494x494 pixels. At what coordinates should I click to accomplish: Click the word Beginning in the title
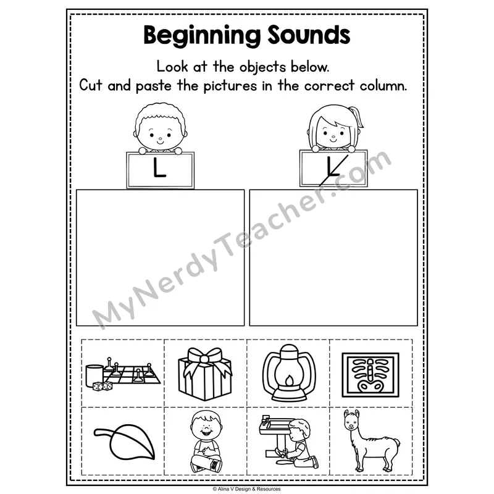202,36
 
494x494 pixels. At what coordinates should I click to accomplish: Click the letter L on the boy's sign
159,167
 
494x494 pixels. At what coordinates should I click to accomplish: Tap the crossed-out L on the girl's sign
333,169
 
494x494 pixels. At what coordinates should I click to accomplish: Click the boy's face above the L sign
160,135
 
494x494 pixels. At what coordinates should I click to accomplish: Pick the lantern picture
288,372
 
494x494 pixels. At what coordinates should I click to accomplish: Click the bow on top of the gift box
205,358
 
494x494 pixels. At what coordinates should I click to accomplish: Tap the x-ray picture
371,375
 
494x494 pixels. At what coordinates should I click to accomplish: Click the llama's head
352,421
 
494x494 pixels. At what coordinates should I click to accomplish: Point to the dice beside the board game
103,386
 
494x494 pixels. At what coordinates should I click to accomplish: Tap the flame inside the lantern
288,381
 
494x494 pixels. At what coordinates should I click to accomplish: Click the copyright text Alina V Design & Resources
246,489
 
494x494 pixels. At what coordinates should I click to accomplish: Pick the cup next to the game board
94,375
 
